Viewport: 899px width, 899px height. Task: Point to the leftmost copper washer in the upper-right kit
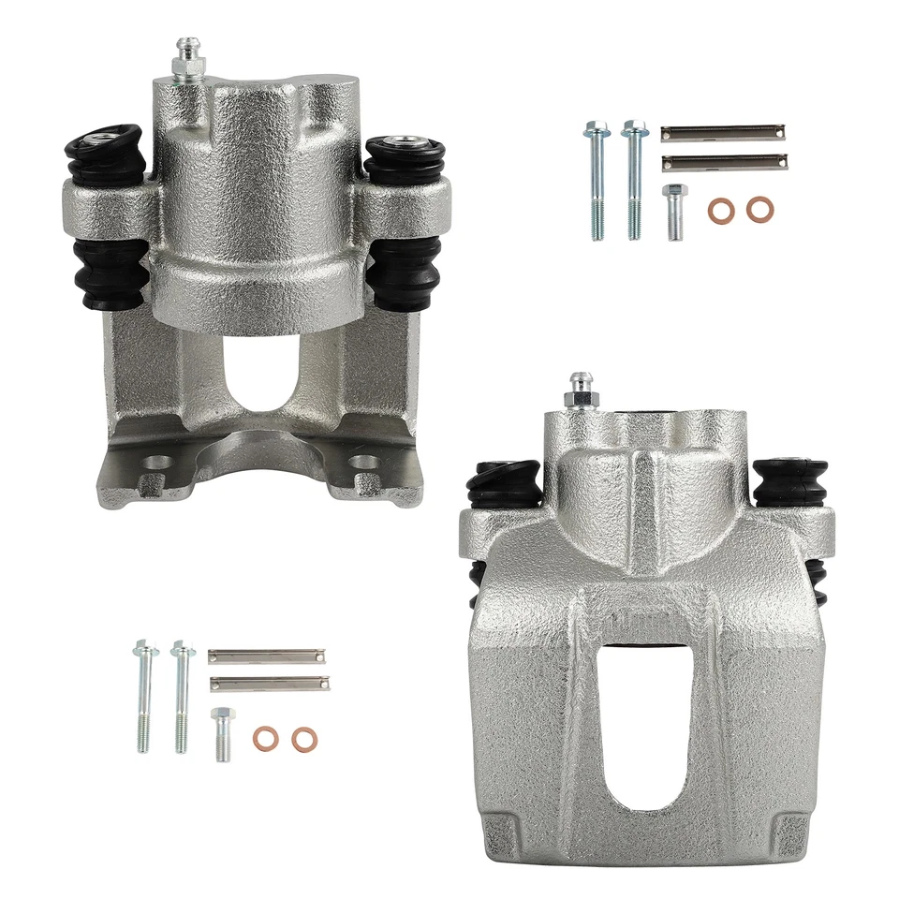click(720, 210)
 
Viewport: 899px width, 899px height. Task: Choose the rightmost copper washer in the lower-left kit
click(303, 739)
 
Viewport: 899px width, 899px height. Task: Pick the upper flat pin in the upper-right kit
click(722, 132)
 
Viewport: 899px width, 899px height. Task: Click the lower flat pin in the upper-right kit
click(722, 163)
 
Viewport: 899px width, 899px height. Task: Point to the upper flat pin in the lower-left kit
click(267, 656)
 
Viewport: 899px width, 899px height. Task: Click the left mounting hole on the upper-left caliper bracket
click(158, 463)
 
